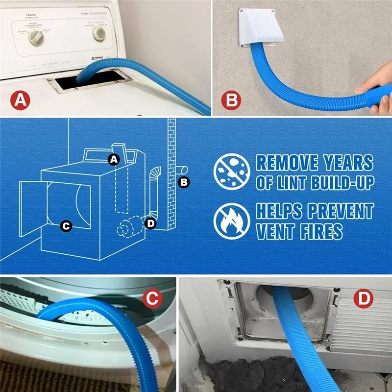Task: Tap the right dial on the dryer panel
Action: (99, 33)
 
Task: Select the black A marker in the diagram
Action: (114, 159)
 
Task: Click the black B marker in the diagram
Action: (184, 182)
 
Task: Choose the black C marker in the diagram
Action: (66, 226)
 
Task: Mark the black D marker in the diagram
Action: (151, 223)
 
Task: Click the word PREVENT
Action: (341, 211)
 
